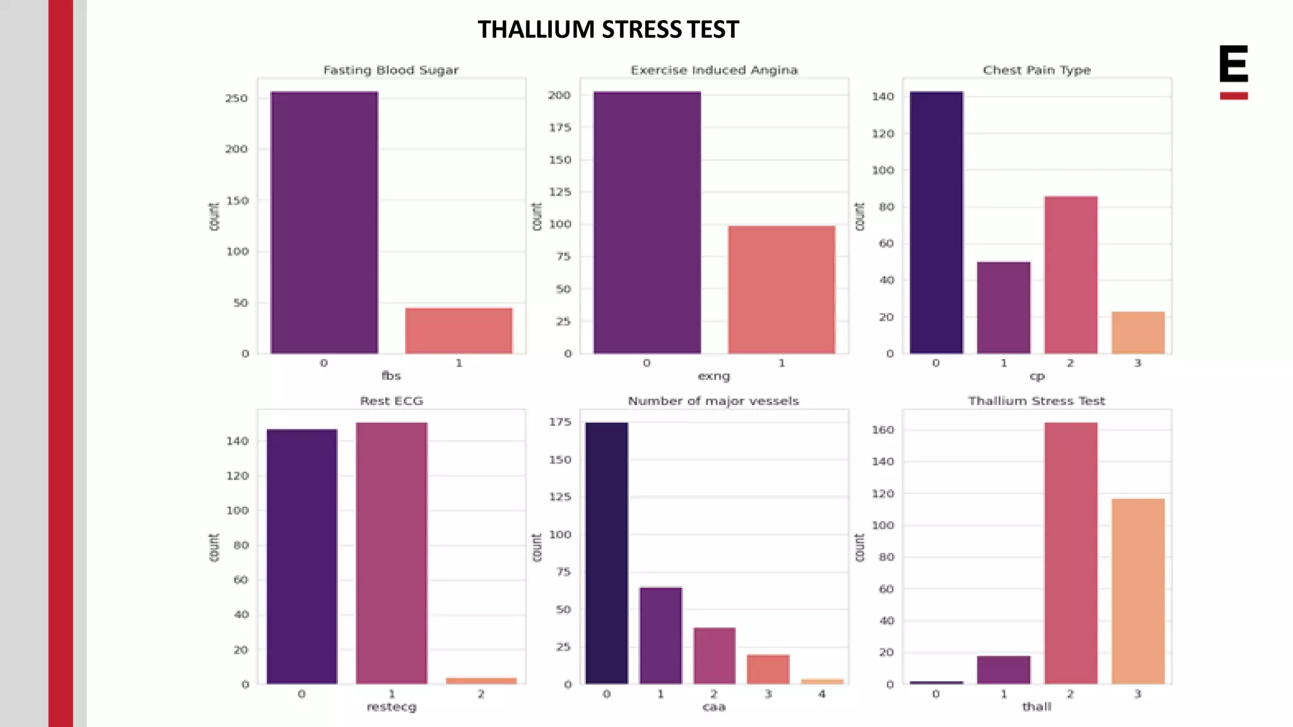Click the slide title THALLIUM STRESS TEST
click(x=608, y=30)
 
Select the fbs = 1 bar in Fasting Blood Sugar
click(x=458, y=330)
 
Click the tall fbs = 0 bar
click(x=324, y=222)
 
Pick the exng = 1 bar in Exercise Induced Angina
click(x=781, y=289)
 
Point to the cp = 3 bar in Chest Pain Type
click(x=1138, y=332)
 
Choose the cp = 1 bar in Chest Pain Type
click(x=1003, y=307)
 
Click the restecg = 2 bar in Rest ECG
click(x=481, y=680)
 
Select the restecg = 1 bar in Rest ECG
click(x=391, y=553)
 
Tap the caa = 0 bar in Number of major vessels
click(x=606, y=553)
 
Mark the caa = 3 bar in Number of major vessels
click(x=768, y=669)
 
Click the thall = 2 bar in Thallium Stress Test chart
click(x=1071, y=553)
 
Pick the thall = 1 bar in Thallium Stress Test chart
click(x=1003, y=670)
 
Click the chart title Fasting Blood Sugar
click(x=391, y=70)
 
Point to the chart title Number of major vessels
click(x=713, y=401)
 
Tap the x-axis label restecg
click(x=391, y=707)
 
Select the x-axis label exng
click(x=713, y=376)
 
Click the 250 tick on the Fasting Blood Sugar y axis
click(x=237, y=98)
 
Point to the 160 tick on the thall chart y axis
click(x=883, y=430)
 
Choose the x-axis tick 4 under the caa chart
click(x=821, y=694)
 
